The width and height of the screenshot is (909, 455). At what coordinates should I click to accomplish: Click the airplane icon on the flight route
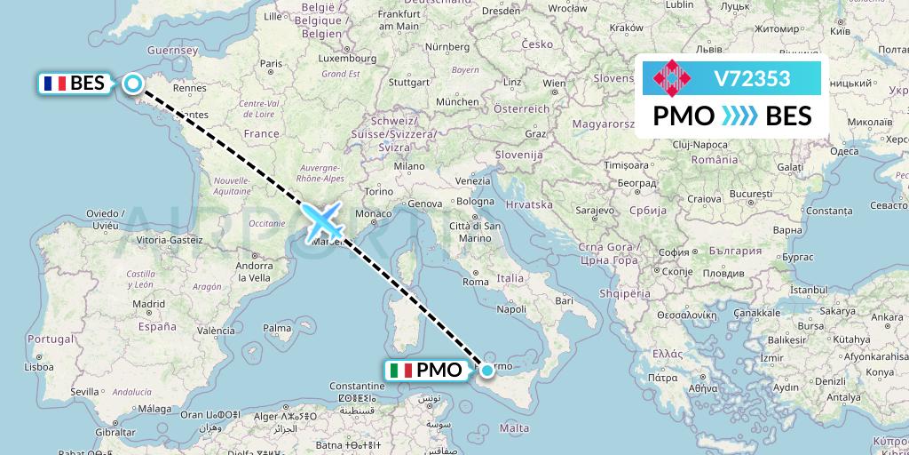point(323,220)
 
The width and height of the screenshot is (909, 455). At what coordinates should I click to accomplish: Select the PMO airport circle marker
point(486,370)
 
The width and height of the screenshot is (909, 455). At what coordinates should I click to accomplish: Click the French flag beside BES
point(54,84)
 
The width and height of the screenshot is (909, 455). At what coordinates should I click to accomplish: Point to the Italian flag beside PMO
point(401,371)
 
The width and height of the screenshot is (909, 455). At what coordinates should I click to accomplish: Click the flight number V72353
point(752,79)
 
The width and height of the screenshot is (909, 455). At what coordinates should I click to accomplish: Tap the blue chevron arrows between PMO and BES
point(739,116)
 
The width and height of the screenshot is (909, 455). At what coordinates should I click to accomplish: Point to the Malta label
point(515,428)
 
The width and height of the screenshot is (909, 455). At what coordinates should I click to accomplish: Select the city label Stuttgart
point(408,83)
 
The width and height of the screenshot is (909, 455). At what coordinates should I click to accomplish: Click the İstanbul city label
point(784,290)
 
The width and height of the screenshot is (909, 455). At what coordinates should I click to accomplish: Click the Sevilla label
point(60,391)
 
